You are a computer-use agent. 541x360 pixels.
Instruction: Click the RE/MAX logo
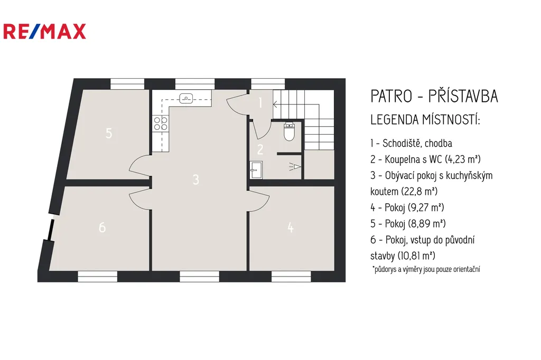pos(44,31)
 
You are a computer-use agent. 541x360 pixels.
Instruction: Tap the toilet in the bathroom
pos(289,131)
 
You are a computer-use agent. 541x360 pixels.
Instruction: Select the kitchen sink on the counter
pos(186,98)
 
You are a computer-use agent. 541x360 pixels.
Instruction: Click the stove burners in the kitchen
pos(161,124)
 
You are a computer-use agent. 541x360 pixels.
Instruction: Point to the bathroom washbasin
pos(256,169)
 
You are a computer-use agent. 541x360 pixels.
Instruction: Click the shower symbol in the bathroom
pos(295,167)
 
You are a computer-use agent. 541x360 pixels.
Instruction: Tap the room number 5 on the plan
pos(109,133)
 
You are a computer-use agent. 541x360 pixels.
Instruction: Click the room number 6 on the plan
pos(102,227)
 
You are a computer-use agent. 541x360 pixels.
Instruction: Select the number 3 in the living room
pos(195,179)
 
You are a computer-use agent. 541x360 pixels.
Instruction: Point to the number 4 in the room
pos(291,227)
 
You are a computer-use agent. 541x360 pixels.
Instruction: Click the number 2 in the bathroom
pos(260,149)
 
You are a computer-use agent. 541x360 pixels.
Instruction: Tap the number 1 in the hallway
pos(260,102)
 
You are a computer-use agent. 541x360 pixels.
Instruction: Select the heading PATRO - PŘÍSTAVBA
pos(434,96)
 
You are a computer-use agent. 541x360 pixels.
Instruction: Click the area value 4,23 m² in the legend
pos(463,159)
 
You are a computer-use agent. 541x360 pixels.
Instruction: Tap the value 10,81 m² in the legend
pos(416,255)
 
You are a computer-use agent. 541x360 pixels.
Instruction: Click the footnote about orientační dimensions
pos(426,269)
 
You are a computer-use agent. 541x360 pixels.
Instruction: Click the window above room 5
pos(127,84)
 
